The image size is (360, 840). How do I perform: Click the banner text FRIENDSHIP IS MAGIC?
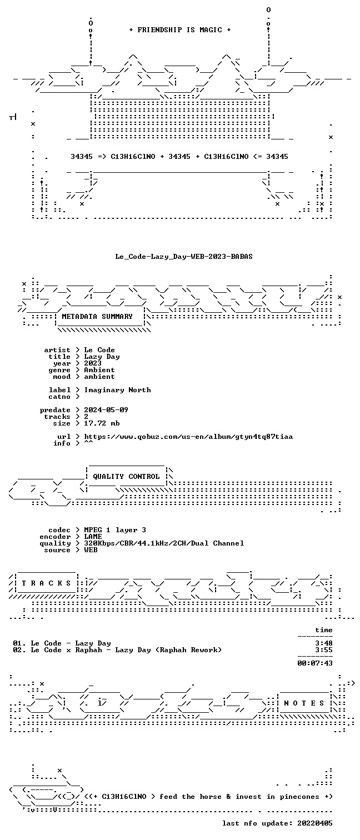point(180,30)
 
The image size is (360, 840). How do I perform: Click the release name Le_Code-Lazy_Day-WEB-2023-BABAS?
point(184,257)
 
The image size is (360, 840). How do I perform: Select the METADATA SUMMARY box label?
point(97,317)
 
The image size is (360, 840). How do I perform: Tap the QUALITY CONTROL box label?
point(126,477)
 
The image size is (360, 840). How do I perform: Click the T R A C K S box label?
point(46,583)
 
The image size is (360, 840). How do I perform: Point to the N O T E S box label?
point(304,703)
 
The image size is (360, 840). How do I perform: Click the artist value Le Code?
point(99,350)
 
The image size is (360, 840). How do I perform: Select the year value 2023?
point(93,363)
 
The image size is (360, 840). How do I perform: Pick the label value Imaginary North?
point(117,390)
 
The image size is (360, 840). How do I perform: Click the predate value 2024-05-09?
point(106,410)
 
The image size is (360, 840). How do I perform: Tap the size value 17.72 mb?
point(102,423)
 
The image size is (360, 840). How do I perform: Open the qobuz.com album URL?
point(188,437)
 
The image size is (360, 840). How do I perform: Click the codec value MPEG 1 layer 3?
point(115,530)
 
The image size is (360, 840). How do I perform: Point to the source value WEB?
point(91,550)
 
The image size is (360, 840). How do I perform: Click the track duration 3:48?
point(324,643)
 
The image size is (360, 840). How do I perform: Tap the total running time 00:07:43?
point(315,663)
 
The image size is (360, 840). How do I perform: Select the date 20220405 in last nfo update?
point(315,823)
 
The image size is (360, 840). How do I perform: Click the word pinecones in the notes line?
point(299,797)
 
